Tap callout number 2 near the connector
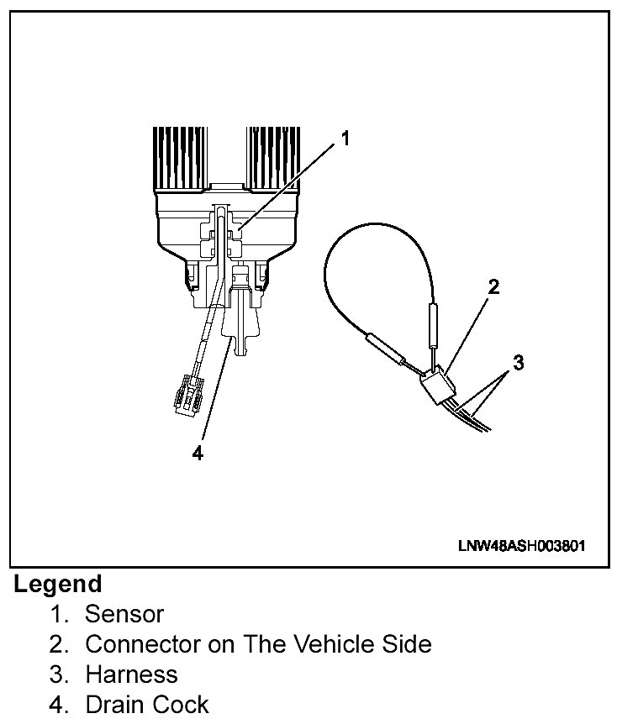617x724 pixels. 494,287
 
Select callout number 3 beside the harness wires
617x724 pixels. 519,363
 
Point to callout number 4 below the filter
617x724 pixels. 198,453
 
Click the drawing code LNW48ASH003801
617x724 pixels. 521,545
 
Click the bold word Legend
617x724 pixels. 58,584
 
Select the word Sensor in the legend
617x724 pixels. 124,614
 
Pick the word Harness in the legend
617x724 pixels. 132,674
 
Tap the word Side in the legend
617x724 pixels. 406,644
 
